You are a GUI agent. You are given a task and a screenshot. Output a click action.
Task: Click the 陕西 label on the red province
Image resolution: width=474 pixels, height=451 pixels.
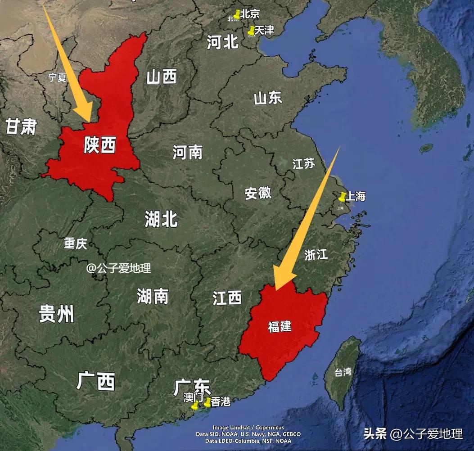pyautogui.click(x=99, y=145)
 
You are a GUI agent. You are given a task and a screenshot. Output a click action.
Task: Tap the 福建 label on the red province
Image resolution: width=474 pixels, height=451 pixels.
pyautogui.click(x=280, y=326)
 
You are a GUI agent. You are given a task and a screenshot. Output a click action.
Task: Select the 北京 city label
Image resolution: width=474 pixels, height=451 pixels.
pyautogui.click(x=250, y=14)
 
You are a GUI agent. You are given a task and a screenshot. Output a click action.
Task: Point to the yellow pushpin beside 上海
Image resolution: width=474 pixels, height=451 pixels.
pyautogui.click(x=343, y=197)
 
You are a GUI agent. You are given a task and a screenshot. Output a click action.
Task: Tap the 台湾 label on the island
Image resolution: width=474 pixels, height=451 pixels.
pyautogui.click(x=343, y=372)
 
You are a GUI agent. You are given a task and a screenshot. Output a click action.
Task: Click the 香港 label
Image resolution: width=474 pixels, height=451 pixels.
pyautogui.click(x=221, y=401)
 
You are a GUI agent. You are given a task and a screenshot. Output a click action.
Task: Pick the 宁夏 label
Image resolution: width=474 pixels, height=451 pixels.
pyautogui.click(x=57, y=77)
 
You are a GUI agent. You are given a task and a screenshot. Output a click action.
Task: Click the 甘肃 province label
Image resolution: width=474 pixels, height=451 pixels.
pyautogui.click(x=21, y=127)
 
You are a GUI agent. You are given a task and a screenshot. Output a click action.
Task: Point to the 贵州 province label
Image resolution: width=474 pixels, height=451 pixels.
pyautogui.click(x=56, y=313)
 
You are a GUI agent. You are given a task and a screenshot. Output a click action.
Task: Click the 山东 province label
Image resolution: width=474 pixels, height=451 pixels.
pyautogui.click(x=268, y=98)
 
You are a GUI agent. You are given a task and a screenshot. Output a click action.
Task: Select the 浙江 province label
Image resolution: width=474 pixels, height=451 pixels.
pyautogui.click(x=316, y=255)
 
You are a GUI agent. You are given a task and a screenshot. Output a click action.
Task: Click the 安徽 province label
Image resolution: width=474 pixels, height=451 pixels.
pyautogui.click(x=258, y=193)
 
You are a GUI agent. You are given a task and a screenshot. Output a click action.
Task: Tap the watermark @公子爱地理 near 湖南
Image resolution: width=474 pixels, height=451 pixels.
pyautogui.click(x=119, y=268)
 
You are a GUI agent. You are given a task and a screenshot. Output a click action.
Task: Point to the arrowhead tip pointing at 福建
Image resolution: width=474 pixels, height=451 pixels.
pyautogui.click(x=276, y=289)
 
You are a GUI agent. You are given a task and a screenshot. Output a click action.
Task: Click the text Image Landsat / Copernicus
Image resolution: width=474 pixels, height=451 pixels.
pyautogui.click(x=248, y=427)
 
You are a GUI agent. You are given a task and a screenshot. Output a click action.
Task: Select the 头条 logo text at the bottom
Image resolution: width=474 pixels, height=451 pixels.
pyautogui.click(x=375, y=434)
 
